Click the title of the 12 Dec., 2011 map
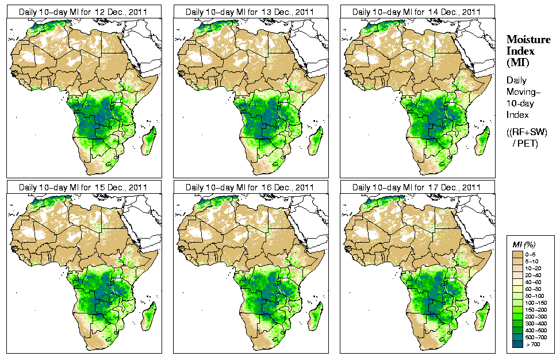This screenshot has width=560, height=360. tap(83, 12)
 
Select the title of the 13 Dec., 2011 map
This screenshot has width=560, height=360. tap(250, 12)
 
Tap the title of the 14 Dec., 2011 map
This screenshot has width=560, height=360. tap(417, 12)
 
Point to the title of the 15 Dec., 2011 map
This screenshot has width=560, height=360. tap(83, 187)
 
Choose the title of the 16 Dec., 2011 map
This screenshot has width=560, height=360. tap(250, 187)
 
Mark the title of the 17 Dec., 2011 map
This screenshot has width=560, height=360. tap(417, 187)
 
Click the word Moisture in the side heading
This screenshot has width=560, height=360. tap(528, 39)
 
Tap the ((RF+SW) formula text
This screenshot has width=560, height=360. tap(527, 132)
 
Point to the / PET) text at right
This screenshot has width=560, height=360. tap(525, 143)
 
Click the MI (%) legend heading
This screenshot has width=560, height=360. tap(524, 244)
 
